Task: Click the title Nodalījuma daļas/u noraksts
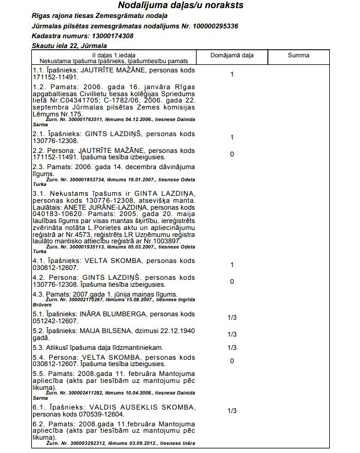180,6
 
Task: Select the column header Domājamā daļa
231,56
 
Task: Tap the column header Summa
298,56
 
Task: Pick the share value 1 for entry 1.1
231,74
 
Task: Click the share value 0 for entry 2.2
231,155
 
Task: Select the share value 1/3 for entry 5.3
232,348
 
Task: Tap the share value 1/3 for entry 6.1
232,411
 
